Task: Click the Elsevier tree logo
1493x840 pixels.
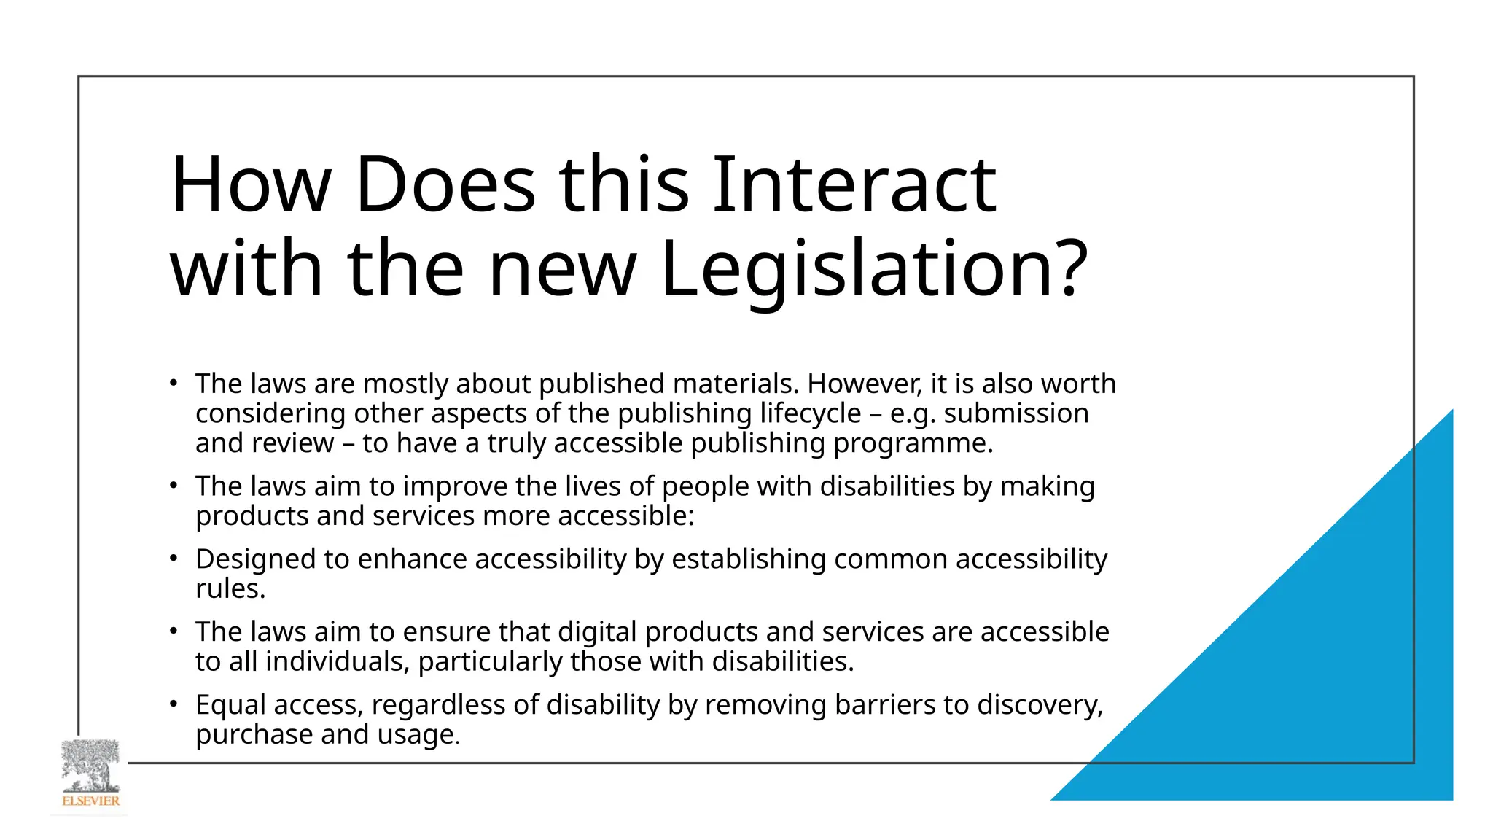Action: (x=90, y=765)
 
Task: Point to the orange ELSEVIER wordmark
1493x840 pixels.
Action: (x=90, y=801)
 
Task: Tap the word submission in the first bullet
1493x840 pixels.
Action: (x=1016, y=413)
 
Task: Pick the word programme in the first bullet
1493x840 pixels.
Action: (x=911, y=443)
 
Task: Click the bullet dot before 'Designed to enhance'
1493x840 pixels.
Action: (x=173, y=559)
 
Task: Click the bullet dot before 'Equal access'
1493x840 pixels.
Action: (x=173, y=704)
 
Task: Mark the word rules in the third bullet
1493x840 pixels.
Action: (x=227, y=589)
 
